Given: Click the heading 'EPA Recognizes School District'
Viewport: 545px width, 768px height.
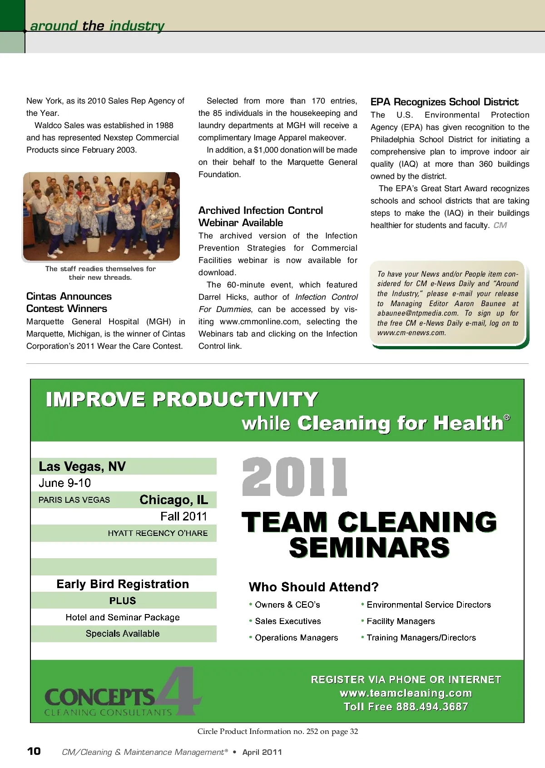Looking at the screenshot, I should point(444,102).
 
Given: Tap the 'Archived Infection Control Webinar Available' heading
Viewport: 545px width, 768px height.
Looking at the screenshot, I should point(260,217).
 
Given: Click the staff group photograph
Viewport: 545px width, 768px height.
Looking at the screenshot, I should point(101,216).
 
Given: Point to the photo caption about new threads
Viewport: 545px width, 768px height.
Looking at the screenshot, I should point(100,273).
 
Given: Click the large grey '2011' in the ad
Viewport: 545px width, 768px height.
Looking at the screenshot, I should point(294,477).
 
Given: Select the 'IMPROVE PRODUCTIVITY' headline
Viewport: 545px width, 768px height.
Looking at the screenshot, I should point(182,400).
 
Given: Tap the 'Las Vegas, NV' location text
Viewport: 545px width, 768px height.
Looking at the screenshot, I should point(82,466).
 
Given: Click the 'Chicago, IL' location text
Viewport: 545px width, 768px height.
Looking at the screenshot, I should point(173,500).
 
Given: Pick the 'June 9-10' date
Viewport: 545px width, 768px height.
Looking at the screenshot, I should point(64,483).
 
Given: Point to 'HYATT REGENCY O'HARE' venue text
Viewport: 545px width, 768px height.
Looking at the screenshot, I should point(158,533).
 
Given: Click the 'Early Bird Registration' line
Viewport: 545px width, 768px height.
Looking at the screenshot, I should point(123,584).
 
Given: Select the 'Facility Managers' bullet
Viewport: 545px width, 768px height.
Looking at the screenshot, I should point(400,621).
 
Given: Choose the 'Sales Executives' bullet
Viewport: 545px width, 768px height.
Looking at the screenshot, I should point(287,621).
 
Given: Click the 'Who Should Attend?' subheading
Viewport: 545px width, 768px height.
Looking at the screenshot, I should point(313,587).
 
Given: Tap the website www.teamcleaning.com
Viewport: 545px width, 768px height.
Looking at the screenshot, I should point(406,693).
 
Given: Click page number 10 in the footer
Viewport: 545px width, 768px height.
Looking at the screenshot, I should point(34,751).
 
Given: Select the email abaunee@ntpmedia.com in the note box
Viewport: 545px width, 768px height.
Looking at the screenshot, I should point(417,313).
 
